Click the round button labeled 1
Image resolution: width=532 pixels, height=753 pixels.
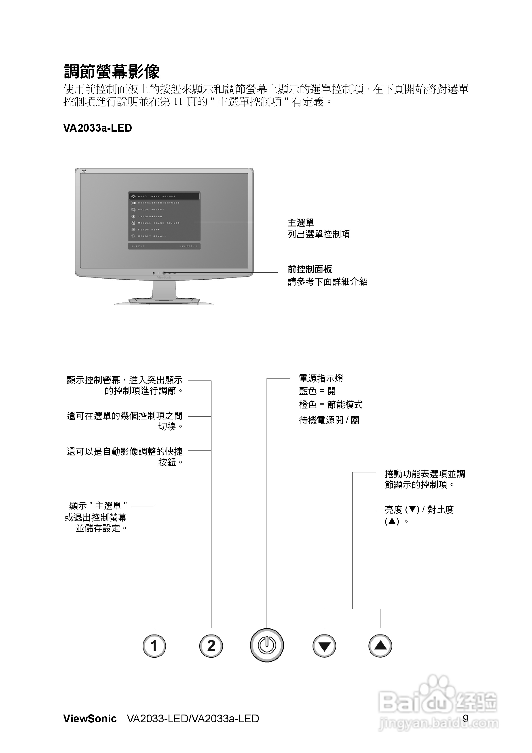154,646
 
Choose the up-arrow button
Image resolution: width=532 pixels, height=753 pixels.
380,646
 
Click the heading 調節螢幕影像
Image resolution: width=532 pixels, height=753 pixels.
112,72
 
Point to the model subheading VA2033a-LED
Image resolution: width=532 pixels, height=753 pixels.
97,128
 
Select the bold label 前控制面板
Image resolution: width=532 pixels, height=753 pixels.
310,269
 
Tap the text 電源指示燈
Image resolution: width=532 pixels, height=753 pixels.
321,379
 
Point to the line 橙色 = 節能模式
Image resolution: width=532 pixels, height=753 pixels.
331,405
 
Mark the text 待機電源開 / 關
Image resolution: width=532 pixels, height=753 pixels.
329,420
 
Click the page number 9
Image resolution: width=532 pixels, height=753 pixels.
465,719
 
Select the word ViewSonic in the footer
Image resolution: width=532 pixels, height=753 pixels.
90,719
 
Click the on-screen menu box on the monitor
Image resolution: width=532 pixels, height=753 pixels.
164,220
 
